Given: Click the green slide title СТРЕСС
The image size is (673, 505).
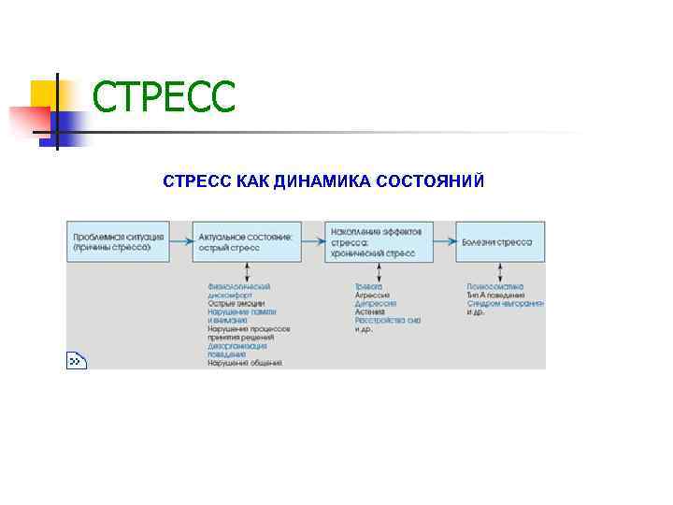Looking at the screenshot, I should coord(165,98).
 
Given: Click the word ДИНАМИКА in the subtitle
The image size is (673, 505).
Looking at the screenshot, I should coord(320,180).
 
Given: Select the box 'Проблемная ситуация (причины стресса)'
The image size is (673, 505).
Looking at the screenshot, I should coord(117,241).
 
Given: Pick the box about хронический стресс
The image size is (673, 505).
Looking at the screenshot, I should coord(379,241).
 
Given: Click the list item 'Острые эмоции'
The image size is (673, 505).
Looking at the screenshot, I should coord(236,304).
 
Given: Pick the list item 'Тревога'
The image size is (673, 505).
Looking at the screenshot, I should coord(367,286).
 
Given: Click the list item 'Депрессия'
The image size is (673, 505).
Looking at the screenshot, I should coord(376,304).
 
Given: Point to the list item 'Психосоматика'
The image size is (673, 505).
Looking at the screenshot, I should coord(495,286).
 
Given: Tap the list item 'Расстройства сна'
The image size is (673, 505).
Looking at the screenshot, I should coord(387,321).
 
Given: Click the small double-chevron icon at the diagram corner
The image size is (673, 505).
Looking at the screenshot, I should coord(77,360).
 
